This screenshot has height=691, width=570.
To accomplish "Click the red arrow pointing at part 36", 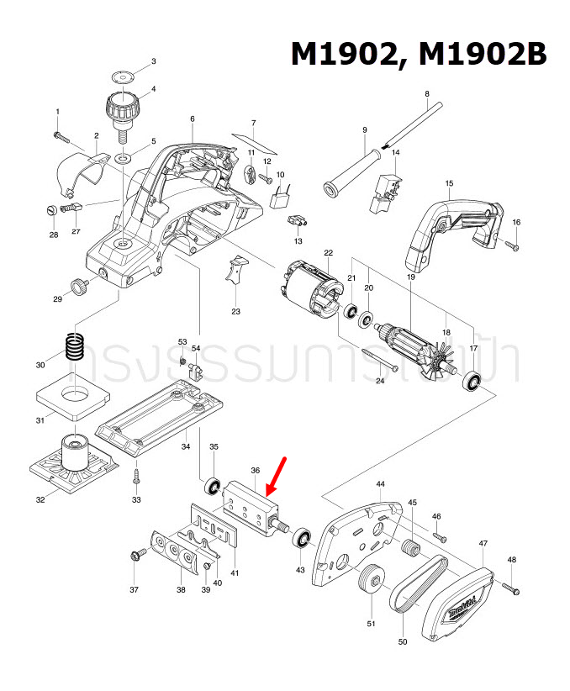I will tap(277, 476).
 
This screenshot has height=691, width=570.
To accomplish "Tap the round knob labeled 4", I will tap(121, 108).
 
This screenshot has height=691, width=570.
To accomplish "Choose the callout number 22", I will tap(328, 252).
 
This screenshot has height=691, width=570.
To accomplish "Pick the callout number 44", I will tap(380, 485).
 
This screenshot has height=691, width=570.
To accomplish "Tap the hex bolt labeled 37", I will tap(134, 556).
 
